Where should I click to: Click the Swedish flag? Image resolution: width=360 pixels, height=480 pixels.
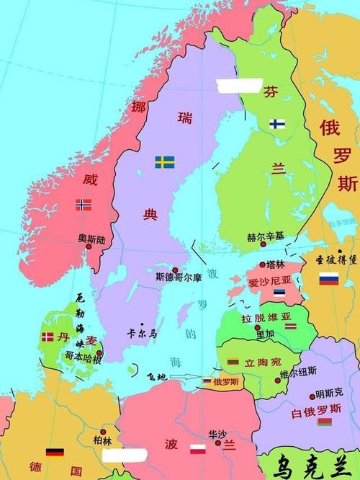tap(165, 162)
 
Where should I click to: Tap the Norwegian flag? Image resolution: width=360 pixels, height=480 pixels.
tap(84, 205)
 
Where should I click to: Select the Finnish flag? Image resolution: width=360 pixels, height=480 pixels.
tap(277, 124)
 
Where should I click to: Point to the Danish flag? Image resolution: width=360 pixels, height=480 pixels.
tap(48, 337)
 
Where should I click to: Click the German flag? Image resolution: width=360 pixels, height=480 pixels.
tap(55, 453)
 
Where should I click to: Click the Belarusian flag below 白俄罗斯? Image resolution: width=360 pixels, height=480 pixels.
tap(325, 421)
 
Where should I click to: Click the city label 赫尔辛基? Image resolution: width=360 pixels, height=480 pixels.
tap(266, 236)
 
